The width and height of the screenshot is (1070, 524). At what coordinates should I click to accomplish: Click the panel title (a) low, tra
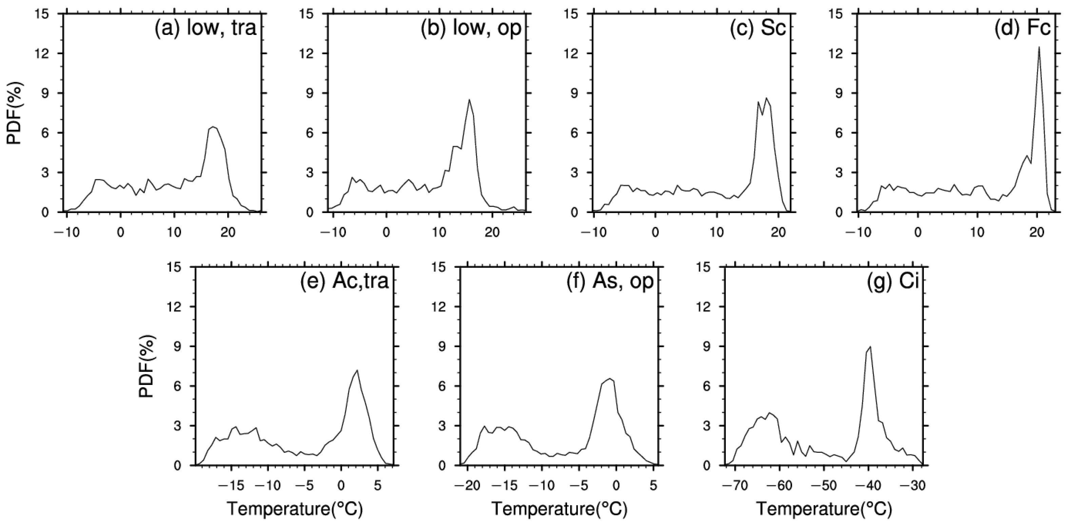[206, 30]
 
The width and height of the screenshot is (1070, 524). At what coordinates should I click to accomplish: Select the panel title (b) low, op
[471, 30]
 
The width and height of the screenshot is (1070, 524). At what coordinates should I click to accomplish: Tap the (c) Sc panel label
[758, 30]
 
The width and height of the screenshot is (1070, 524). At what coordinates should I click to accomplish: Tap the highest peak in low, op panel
[469, 100]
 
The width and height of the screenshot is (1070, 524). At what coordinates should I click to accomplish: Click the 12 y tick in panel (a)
[44, 54]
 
